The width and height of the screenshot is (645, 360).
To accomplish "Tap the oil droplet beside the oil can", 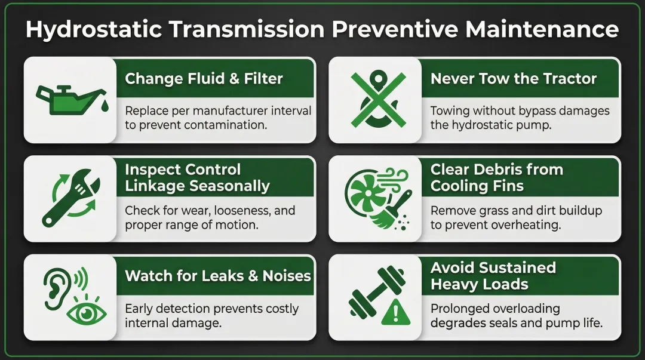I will click(88, 106).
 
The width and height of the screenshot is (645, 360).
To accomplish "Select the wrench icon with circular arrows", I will click(70, 198).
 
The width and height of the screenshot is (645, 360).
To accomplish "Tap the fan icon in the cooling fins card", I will click(365, 194).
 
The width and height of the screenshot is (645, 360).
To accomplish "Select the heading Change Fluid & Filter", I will click(204, 78).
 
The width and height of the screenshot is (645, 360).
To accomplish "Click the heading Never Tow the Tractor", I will click(514, 78).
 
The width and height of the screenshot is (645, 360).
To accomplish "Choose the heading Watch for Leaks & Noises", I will click(218, 276).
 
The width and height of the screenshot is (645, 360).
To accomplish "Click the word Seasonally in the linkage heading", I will click(230, 186).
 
